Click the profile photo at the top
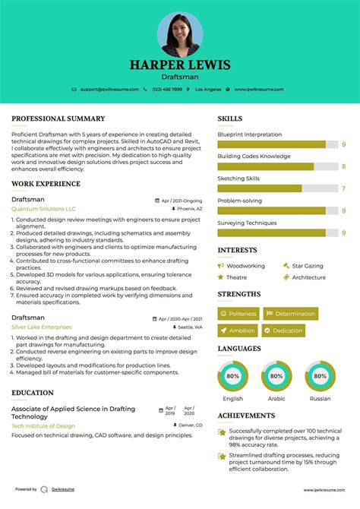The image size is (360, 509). click(180, 34)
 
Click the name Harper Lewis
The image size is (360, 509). click(180, 65)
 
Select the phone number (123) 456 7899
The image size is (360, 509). click(168, 90)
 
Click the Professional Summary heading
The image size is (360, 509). click(58, 119)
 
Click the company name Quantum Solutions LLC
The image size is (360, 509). click(44, 208)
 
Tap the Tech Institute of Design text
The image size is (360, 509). click(43, 425)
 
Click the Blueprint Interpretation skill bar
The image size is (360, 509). click(271, 144)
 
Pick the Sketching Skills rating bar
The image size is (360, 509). click(260, 188)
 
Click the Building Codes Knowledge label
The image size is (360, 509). click(254, 156)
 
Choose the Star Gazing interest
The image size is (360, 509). click(308, 266)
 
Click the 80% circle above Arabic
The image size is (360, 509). click(276, 376)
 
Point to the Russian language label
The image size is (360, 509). click(320, 398)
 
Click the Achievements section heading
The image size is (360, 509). click(246, 416)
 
